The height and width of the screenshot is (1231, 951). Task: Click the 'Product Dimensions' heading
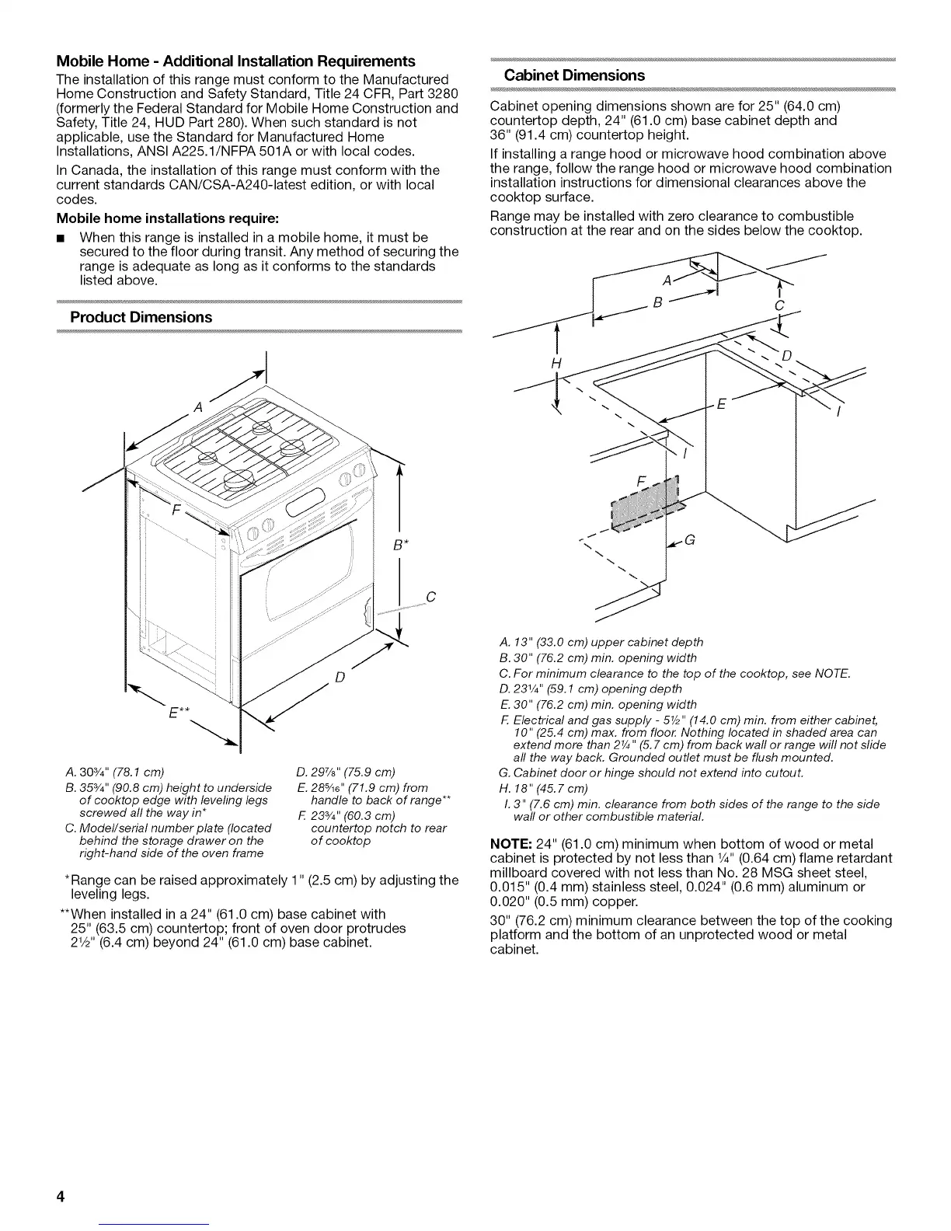(141, 317)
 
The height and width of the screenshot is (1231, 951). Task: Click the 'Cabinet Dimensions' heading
(574, 75)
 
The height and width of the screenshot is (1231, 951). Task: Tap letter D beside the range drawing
(339, 678)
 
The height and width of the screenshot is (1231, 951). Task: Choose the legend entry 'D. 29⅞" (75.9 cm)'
(346, 772)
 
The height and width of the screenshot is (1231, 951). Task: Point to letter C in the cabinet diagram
(779, 307)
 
